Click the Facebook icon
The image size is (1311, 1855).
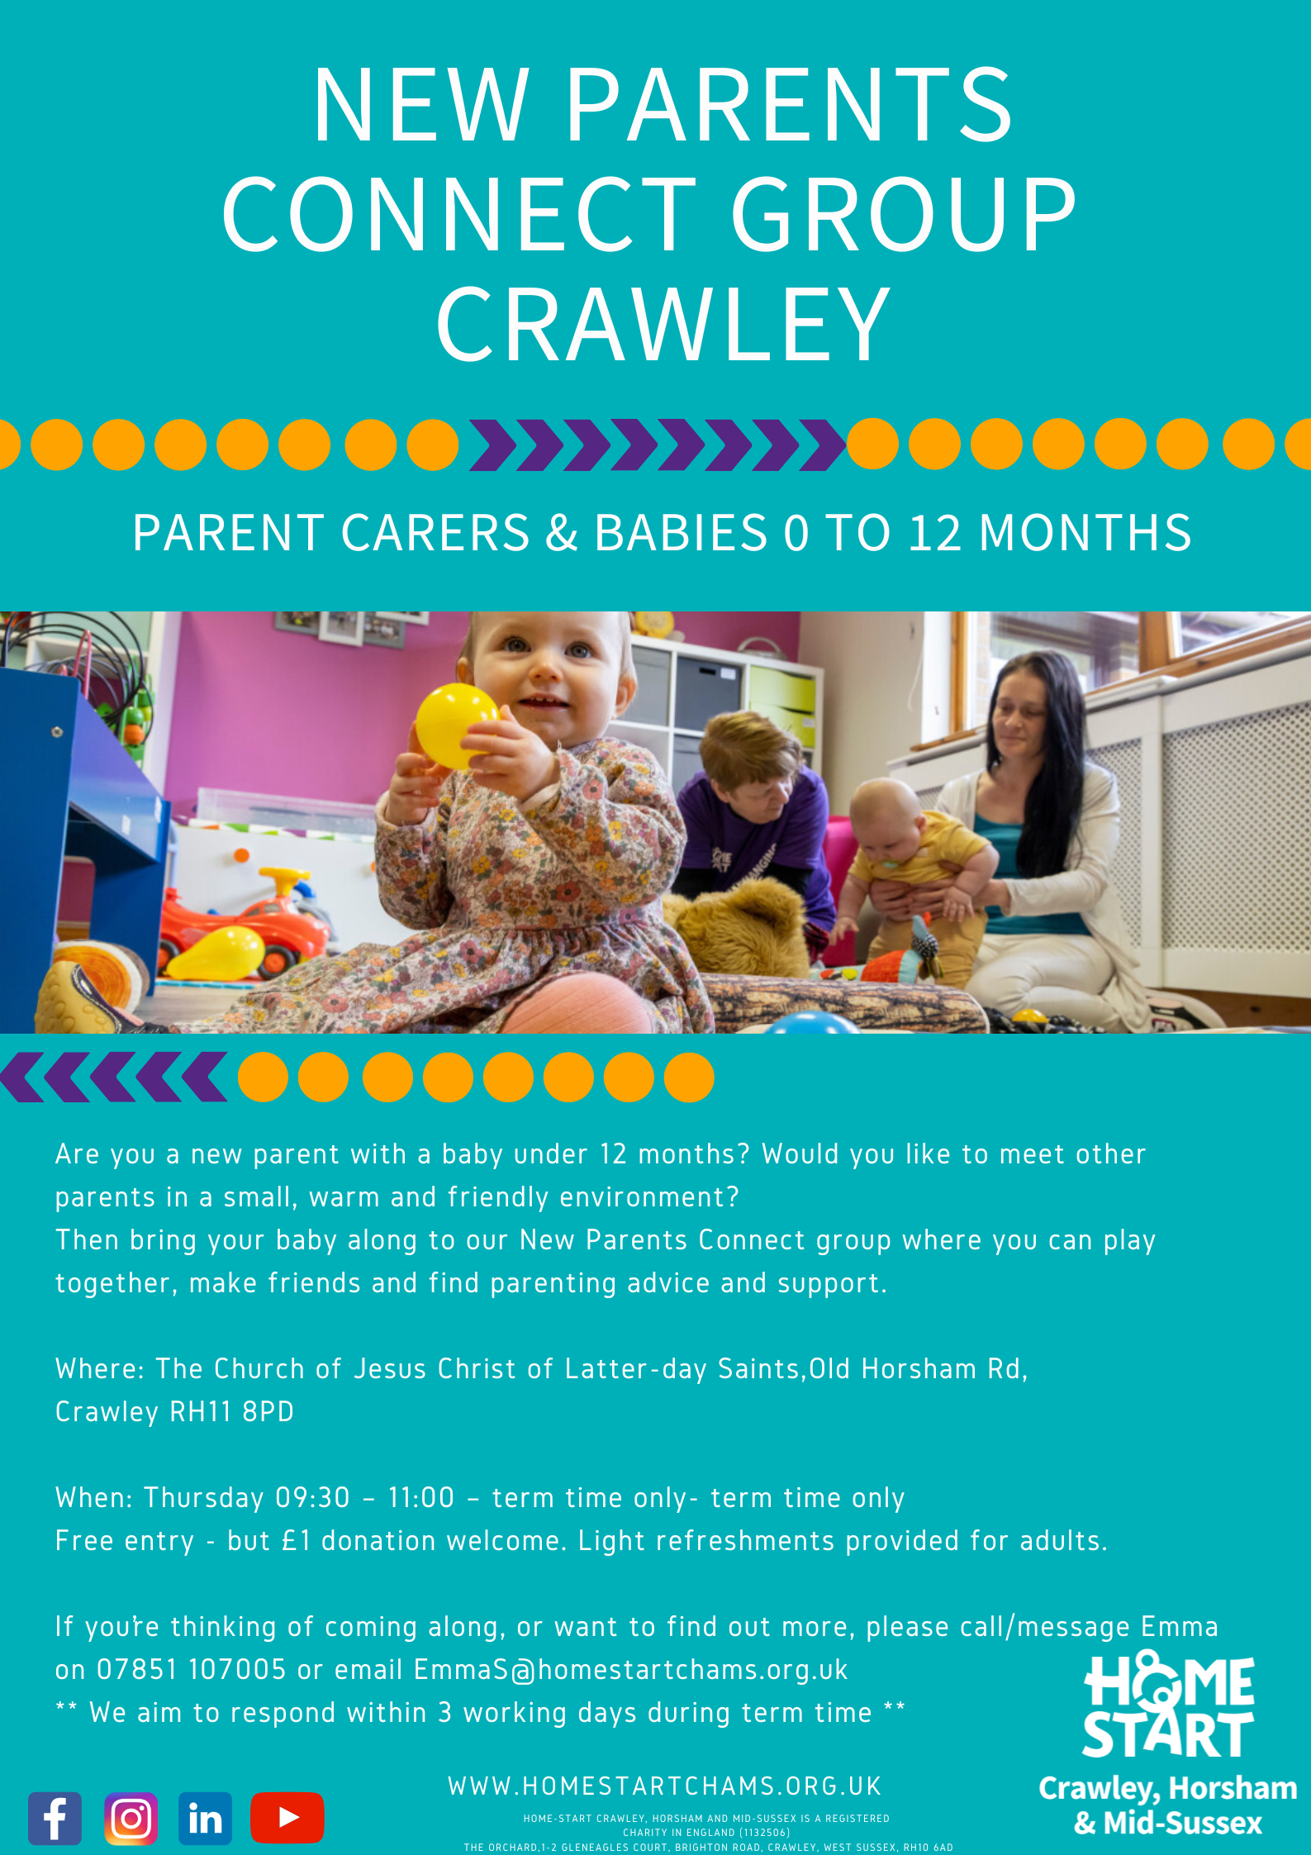click(55, 1818)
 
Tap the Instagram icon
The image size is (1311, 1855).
click(131, 1818)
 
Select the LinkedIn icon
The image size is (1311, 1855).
click(205, 1818)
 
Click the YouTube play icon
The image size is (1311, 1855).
click(287, 1818)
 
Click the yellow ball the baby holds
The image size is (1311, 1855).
click(456, 725)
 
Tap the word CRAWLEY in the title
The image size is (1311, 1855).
click(663, 324)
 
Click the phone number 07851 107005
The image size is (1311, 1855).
click(191, 1669)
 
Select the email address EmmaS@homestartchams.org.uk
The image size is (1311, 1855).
click(630, 1670)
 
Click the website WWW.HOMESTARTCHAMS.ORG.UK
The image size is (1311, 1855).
click(665, 1786)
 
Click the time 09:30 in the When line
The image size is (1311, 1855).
click(313, 1497)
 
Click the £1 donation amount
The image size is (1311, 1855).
click(296, 1540)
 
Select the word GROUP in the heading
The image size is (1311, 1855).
click(904, 214)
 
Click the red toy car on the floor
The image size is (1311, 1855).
click(245, 922)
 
